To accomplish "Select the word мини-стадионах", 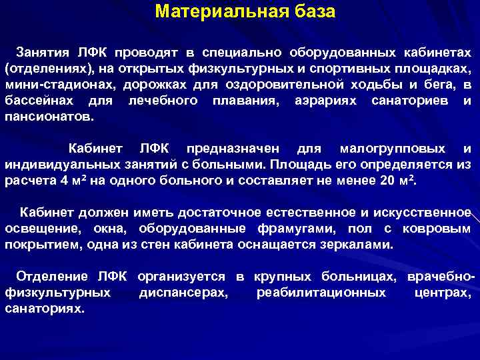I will [x=49, y=85].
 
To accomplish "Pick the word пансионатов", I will [x=49, y=117].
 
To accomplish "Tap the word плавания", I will [x=242, y=101].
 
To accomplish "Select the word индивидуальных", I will [x=59, y=164].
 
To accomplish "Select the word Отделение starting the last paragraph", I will [x=52, y=276].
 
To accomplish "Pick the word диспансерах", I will [x=183, y=293].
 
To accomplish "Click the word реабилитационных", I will [x=321, y=293].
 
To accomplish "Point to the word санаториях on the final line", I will [x=45, y=309].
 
